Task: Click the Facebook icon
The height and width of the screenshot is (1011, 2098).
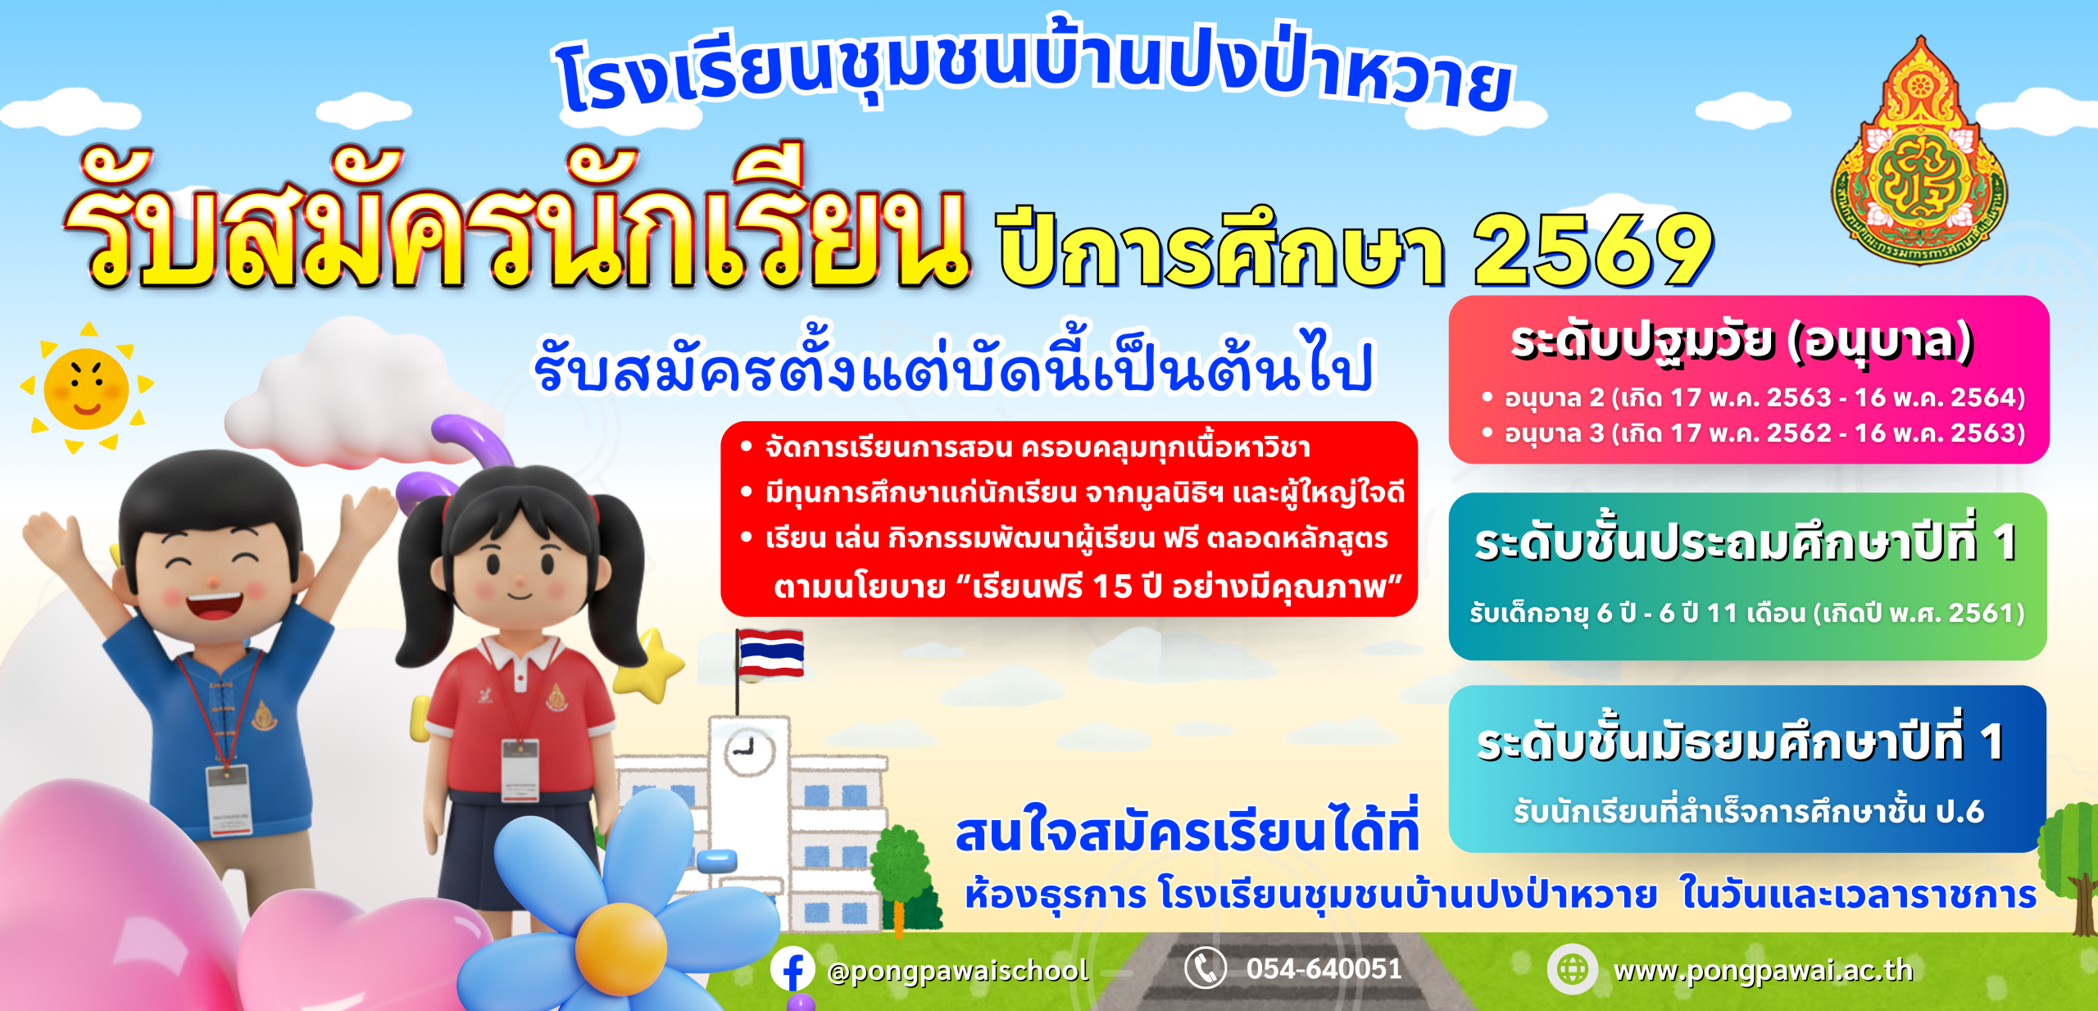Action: (x=792, y=970)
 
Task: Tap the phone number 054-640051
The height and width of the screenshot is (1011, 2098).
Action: (x=1324, y=969)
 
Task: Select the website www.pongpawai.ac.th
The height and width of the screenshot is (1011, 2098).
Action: (x=1763, y=971)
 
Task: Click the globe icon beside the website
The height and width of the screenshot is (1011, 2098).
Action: (x=1572, y=969)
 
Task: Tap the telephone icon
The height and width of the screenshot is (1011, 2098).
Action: (x=1206, y=968)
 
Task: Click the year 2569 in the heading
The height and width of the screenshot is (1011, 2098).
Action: (x=1593, y=250)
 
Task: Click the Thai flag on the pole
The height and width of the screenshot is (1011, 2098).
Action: (x=770, y=653)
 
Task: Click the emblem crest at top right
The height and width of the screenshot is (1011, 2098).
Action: (x=1919, y=152)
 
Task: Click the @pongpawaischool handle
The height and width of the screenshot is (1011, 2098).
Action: (x=958, y=971)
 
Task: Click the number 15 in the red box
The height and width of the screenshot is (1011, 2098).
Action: (x=1112, y=586)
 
